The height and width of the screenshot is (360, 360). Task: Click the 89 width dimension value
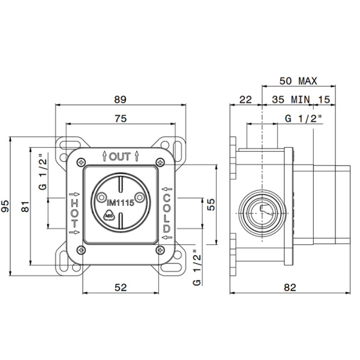pyautogui.click(x=121, y=100)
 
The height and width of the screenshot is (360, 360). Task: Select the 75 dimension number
pyautogui.click(x=121, y=119)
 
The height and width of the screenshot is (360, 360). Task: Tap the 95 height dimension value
pyautogui.click(x=5, y=206)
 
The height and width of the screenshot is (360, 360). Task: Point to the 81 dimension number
pyautogui.click(x=25, y=206)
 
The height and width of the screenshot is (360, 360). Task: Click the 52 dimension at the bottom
pyautogui.click(x=121, y=287)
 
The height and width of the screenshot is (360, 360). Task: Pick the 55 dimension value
pyautogui.click(x=211, y=205)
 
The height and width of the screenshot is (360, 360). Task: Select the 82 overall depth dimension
pyautogui.click(x=290, y=287)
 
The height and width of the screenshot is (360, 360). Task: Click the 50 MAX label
pyautogui.click(x=298, y=81)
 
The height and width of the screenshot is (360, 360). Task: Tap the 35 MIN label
pyautogui.click(x=291, y=100)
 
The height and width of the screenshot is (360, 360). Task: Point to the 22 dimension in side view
pyautogui.click(x=245, y=100)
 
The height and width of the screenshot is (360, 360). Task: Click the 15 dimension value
pyautogui.click(x=324, y=100)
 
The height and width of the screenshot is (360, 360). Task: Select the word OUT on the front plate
pyautogui.click(x=120, y=157)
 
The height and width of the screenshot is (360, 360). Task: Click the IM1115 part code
pyautogui.click(x=121, y=203)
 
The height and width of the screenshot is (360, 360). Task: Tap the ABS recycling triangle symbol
pyautogui.click(x=109, y=215)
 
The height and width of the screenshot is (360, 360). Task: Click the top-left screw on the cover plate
pyautogui.click(x=81, y=163)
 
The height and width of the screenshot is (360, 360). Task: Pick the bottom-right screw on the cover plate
pyautogui.click(x=160, y=250)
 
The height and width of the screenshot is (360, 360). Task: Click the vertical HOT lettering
pyautogui.click(x=74, y=213)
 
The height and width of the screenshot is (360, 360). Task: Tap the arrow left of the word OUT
pyautogui.click(x=104, y=156)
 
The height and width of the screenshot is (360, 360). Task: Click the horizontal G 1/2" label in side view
pyautogui.click(x=304, y=118)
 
